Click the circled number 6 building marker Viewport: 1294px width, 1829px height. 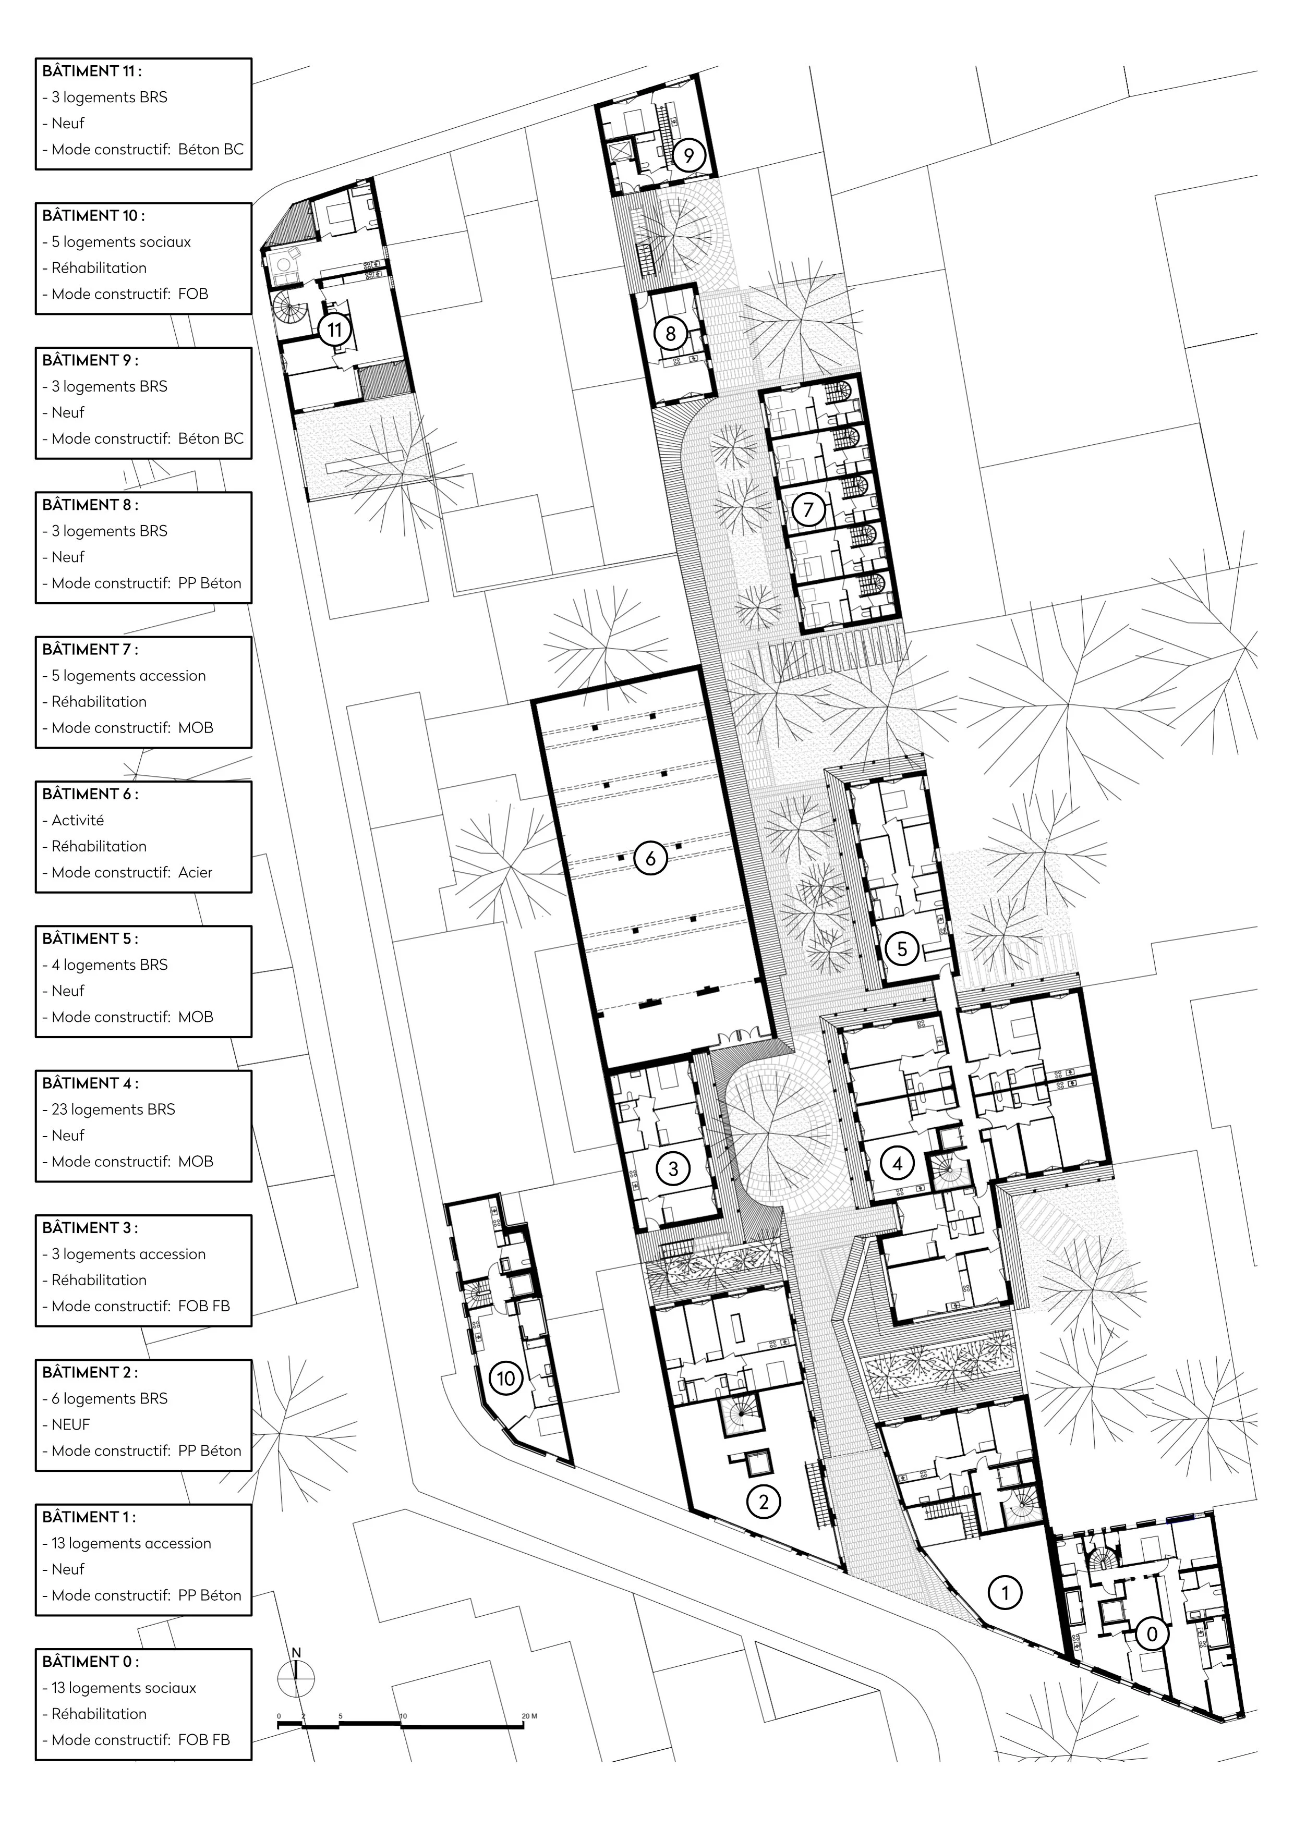click(x=651, y=859)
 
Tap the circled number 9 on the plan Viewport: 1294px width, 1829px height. click(x=689, y=156)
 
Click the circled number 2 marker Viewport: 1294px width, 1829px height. click(x=764, y=1502)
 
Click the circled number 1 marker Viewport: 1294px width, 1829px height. click(x=1005, y=1592)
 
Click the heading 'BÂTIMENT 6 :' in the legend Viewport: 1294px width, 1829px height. click(x=90, y=794)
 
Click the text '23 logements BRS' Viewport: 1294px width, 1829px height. click(x=113, y=1109)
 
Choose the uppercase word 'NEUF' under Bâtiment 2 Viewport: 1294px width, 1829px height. click(x=71, y=1424)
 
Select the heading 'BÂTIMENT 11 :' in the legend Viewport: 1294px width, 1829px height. click(x=92, y=71)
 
